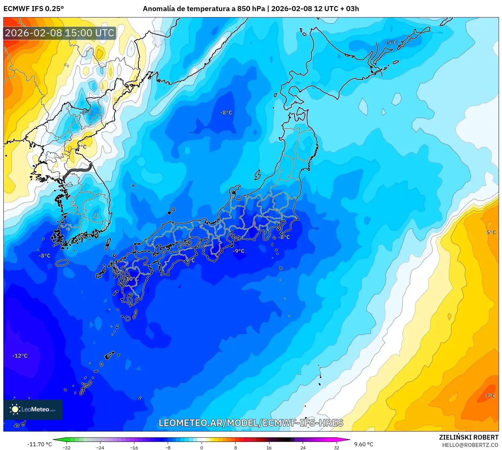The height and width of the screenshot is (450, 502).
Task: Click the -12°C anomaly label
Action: click(x=20, y=356)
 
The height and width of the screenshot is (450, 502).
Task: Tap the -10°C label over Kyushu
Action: click(x=132, y=279)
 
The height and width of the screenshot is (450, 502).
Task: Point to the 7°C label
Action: click(x=490, y=396)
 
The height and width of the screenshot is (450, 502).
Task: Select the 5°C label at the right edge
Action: click(x=491, y=233)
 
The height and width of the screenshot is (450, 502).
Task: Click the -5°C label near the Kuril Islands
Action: click(x=391, y=43)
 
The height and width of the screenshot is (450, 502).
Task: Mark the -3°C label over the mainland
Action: click(x=87, y=112)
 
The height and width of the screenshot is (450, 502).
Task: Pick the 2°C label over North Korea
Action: click(x=82, y=147)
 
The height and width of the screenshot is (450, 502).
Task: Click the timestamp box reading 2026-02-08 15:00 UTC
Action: click(x=60, y=33)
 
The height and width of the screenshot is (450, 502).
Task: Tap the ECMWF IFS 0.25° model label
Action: click(x=34, y=9)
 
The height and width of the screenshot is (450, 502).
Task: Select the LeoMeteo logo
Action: click(x=33, y=409)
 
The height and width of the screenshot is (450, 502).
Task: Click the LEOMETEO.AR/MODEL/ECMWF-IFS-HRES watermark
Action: click(x=251, y=423)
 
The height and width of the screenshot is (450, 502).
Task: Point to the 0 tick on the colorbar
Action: click(x=202, y=447)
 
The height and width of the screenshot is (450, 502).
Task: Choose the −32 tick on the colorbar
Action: click(x=67, y=447)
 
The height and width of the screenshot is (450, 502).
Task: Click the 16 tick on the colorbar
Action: click(x=269, y=447)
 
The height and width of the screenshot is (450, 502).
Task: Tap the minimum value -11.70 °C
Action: click(x=39, y=444)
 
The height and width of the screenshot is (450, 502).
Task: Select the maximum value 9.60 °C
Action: click(x=364, y=444)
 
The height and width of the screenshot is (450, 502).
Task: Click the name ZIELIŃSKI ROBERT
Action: click(x=469, y=437)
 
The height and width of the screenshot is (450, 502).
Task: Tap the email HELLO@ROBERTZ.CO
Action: click(x=470, y=445)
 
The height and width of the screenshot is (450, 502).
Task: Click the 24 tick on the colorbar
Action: click(x=303, y=447)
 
